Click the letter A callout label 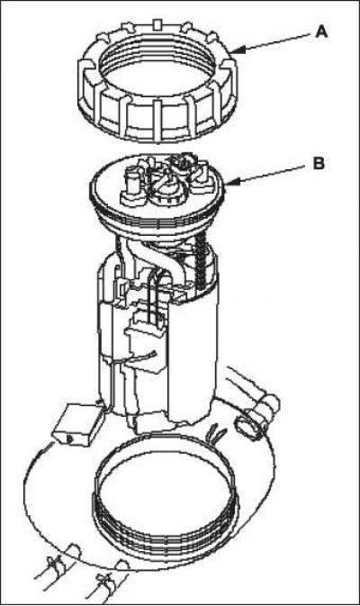point(322,32)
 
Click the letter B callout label point(319,164)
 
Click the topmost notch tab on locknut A point(158,24)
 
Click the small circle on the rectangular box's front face point(69,439)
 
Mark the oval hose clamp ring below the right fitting point(247,428)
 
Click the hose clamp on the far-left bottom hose point(55,565)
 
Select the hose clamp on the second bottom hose point(105,579)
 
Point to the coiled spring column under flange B point(201,262)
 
